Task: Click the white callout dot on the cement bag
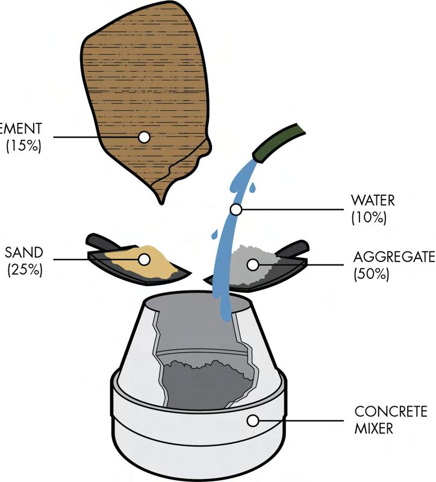(x=144, y=137)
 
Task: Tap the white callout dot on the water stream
(x=236, y=210)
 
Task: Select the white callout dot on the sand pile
(x=144, y=260)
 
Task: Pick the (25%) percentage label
(x=24, y=269)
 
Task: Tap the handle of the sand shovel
(x=99, y=241)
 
